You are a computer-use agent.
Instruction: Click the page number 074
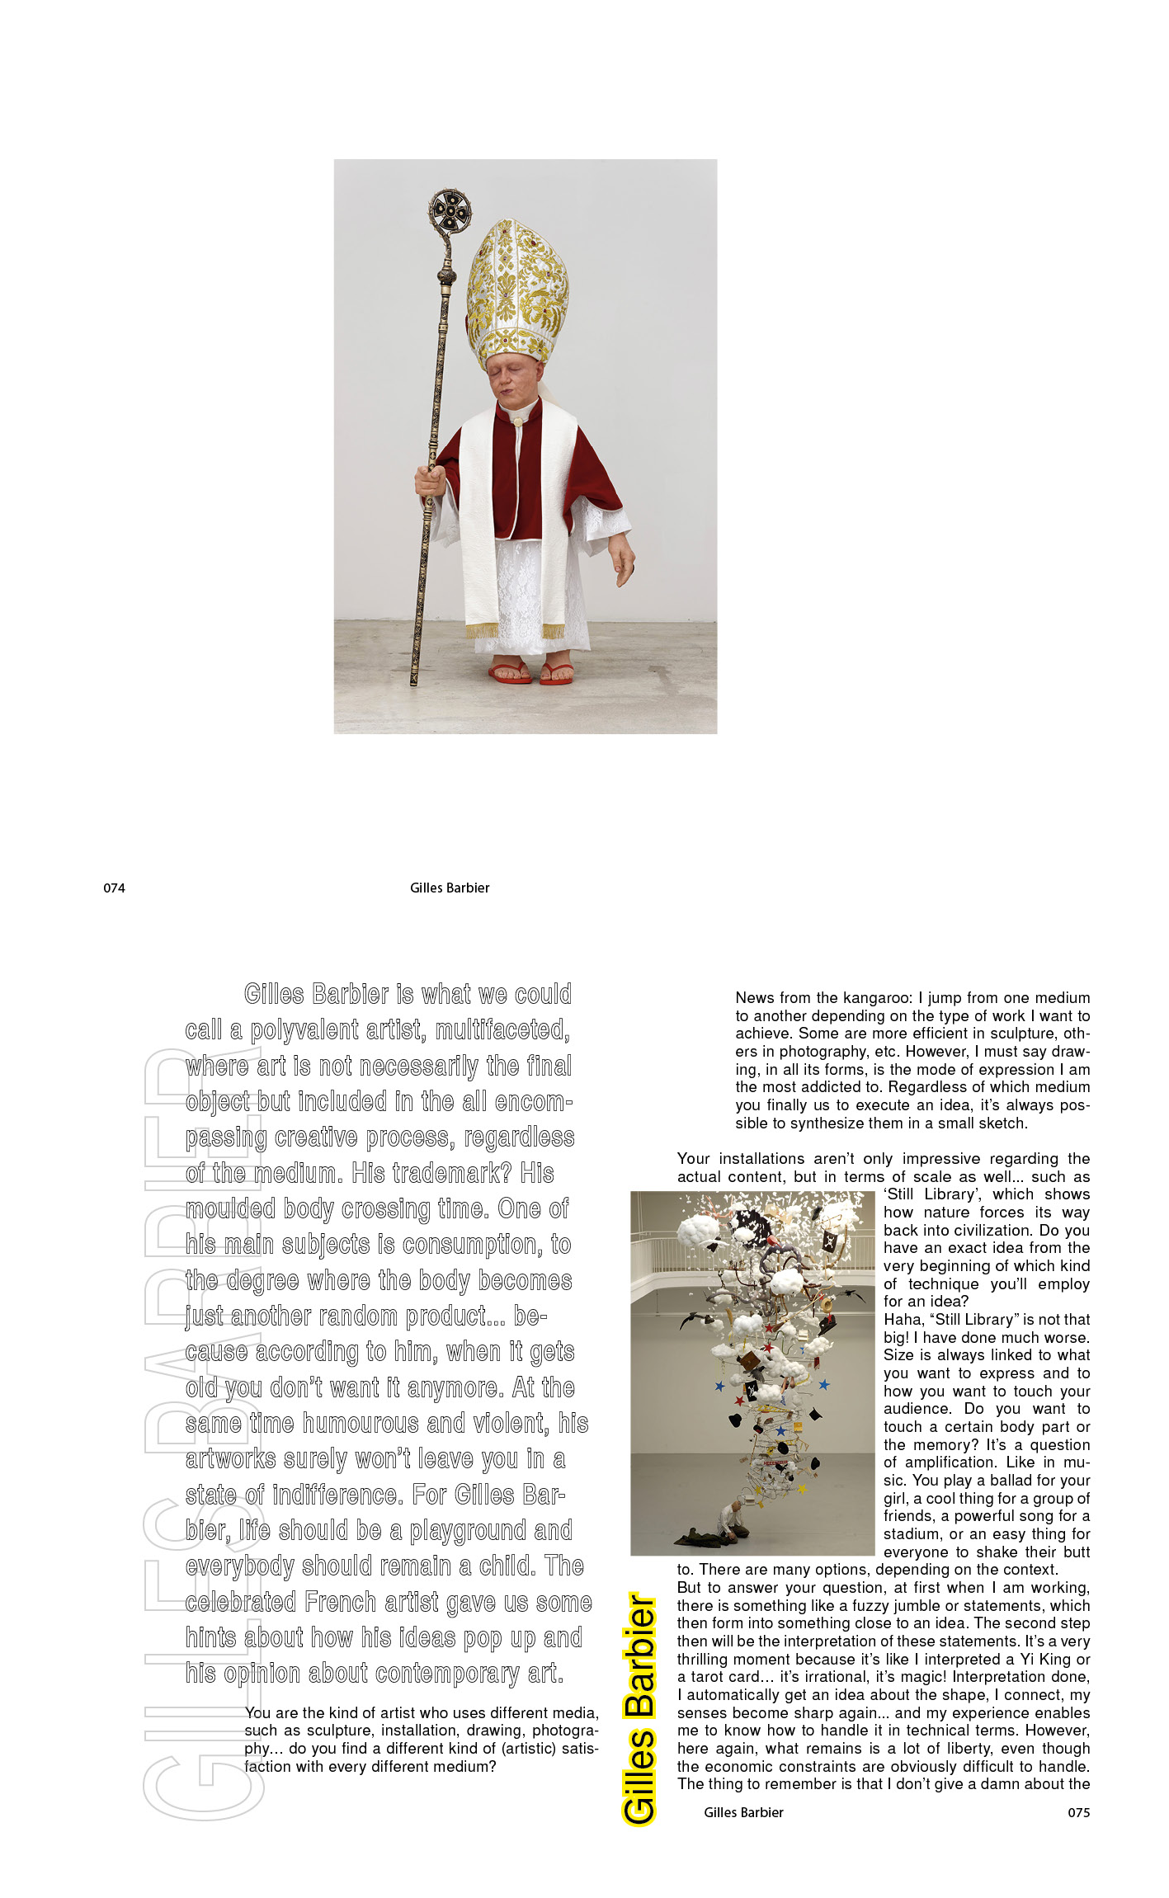pos(114,888)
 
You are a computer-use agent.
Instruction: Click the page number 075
pos(1078,1812)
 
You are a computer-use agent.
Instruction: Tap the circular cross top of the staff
pos(450,212)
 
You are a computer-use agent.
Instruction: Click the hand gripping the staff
pos(430,481)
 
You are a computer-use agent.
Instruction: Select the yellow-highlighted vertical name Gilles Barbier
pos(639,1707)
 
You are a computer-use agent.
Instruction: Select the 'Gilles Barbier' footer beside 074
pos(450,888)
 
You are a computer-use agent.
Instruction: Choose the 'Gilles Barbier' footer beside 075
pos(743,1812)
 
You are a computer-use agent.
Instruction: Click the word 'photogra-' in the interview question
pos(565,1731)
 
